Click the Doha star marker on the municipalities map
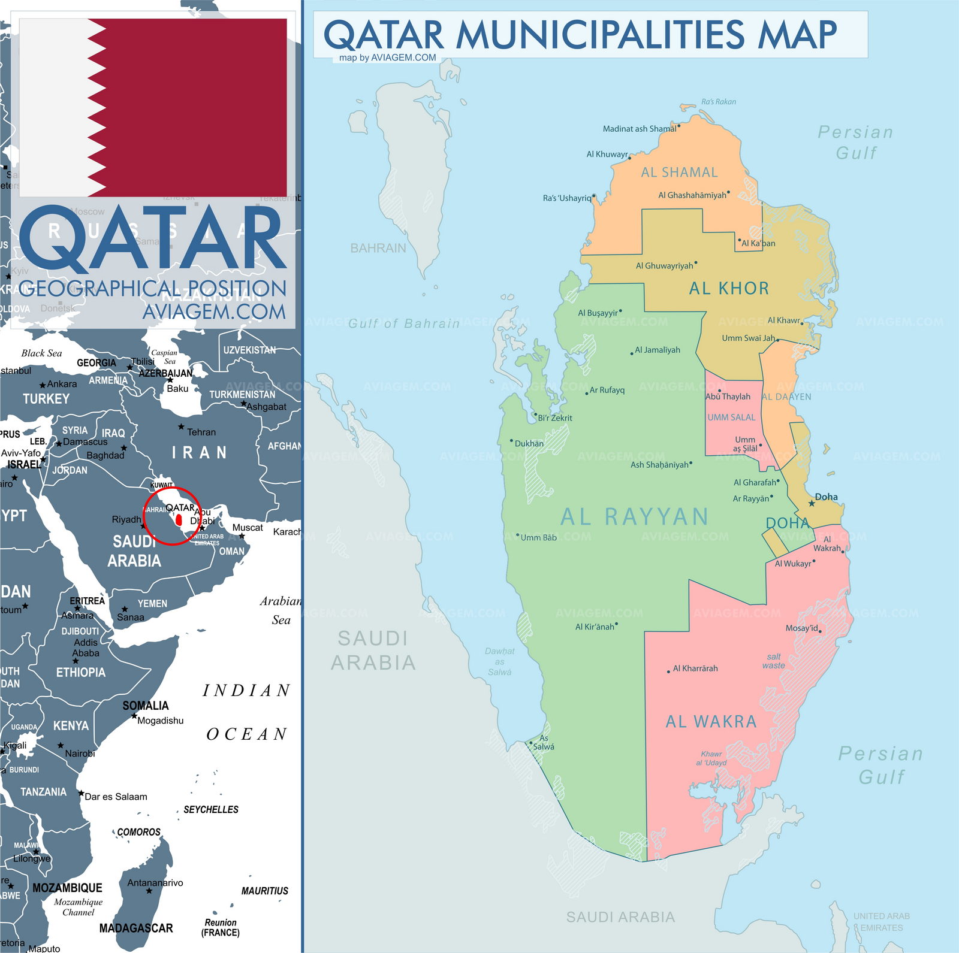(812, 503)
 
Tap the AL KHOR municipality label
(728, 288)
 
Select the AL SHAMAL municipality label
(679, 173)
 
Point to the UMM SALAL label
(731, 417)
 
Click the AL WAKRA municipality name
(711, 722)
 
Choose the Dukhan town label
(529, 443)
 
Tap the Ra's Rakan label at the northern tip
(718, 102)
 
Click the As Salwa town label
(543, 743)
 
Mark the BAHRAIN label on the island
(378, 248)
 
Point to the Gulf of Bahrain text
(403, 323)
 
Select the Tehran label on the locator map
(201, 432)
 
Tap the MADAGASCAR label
(136, 928)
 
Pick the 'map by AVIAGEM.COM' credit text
(387, 58)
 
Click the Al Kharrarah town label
(695, 668)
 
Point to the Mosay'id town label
(801, 628)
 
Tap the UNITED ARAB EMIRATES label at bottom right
(882, 921)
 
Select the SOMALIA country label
(146, 706)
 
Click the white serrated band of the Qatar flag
(57, 108)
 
